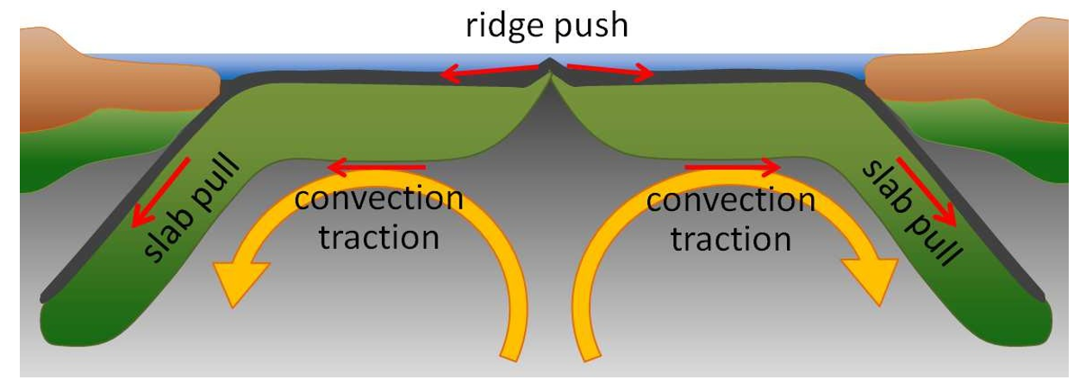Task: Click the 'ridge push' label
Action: pyautogui.click(x=546, y=25)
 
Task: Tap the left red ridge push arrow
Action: pyautogui.click(x=490, y=73)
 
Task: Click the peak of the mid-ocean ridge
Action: pyautogui.click(x=550, y=63)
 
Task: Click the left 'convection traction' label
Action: pyautogui.click(x=379, y=216)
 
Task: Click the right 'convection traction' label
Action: pyautogui.click(x=731, y=218)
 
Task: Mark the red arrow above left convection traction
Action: pyautogui.click(x=378, y=165)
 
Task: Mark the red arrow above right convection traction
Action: pyautogui.click(x=733, y=165)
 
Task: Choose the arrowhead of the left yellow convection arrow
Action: pyautogui.click(x=230, y=281)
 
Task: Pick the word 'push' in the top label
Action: pyautogui.click(x=595, y=25)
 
